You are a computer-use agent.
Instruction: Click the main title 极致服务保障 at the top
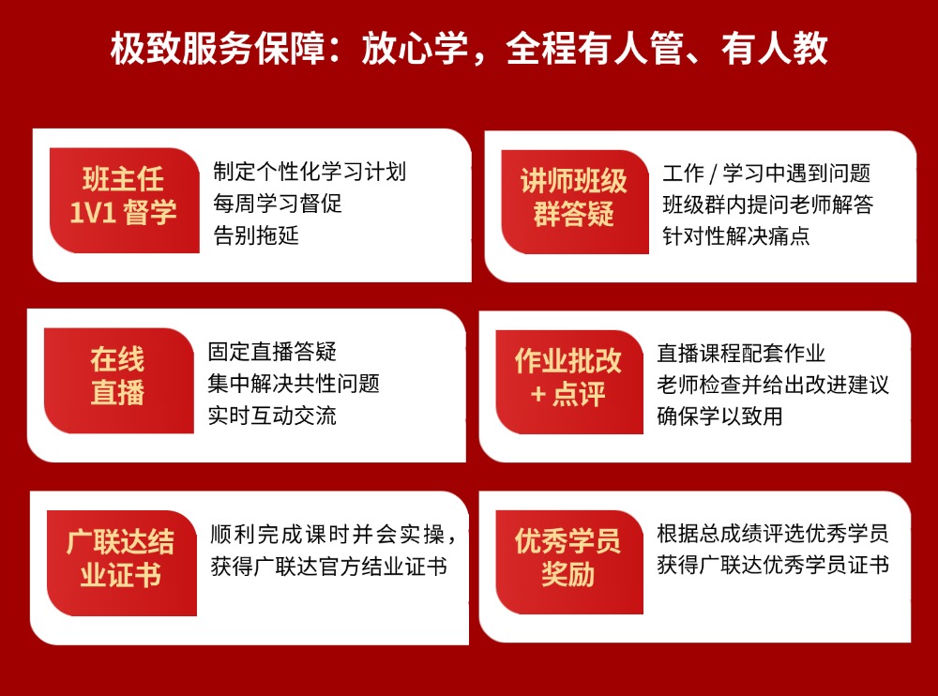[469, 50]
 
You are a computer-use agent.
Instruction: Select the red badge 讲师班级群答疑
[574, 197]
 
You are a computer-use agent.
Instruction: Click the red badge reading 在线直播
[118, 375]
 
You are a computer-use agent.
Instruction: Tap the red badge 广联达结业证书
[120, 558]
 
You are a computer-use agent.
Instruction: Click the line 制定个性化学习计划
[310, 173]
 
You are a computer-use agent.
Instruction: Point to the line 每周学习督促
[278, 204]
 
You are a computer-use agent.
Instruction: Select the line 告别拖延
[256, 235]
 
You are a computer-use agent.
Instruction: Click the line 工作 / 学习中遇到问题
[765, 173]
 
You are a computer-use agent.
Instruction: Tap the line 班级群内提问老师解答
[767, 204]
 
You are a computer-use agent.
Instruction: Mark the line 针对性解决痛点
[735, 235]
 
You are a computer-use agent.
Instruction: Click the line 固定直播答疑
[272, 353]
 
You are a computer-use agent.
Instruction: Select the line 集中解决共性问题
[294, 384]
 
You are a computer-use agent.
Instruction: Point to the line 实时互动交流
[272, 415]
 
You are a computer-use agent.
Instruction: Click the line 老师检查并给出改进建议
[773, 384]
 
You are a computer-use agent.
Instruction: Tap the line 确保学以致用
[719, 415]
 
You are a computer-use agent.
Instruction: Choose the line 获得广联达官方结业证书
[328, 566]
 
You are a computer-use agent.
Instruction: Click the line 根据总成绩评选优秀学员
[773, 535]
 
